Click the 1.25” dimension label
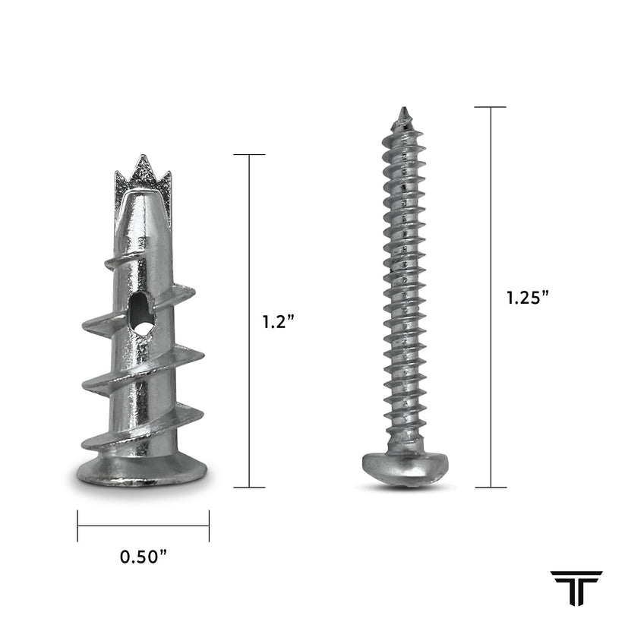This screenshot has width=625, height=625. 528,298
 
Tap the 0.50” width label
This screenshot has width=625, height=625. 144,557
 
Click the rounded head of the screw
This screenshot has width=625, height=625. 402,465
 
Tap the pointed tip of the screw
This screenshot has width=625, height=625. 403,114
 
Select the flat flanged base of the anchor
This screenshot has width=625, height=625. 142,472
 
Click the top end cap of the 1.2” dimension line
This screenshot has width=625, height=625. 249,155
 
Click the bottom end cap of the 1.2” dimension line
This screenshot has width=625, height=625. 249,487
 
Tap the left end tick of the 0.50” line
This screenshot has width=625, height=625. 77,526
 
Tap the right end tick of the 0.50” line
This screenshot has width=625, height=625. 209,526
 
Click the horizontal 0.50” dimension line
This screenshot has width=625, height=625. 143,526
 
